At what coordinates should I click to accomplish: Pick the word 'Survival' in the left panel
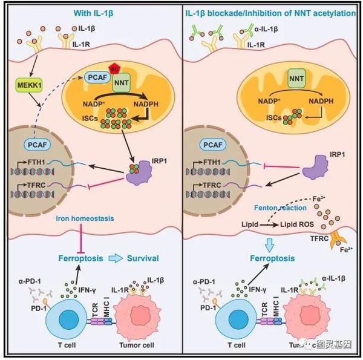click(x=143, y=258)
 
